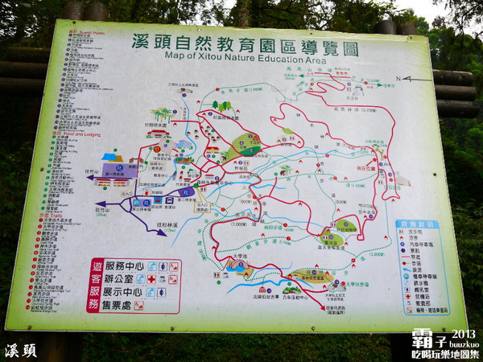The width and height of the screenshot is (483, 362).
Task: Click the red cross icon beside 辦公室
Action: click(x=151, y=279)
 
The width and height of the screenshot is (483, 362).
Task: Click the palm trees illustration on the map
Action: click(x=162, y=114)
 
